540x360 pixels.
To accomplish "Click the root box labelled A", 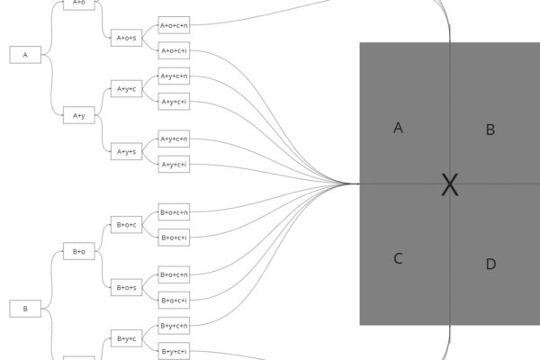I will pos(25,55).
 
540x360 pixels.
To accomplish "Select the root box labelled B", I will pos(25,309).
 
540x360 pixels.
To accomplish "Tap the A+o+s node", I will pos(126,38).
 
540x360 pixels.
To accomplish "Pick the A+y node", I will pos(78,115).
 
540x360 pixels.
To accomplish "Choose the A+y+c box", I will pos(126,88).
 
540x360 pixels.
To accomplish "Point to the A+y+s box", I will pos(126,151).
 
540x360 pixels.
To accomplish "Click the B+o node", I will pos(78,252).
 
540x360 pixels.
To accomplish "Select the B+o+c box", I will pos(126,224).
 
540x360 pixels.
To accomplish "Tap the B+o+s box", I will pos(126,287).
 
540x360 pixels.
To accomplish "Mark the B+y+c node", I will pos(126,338).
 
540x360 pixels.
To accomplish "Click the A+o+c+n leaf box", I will pos(174,25).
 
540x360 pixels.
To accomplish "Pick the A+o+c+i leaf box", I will pos(174,50).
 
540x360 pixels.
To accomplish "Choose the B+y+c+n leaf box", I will pos(174,325).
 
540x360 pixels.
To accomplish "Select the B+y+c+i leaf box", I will pos(174,350).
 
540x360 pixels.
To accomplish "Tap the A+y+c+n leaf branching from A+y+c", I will pos(174,76).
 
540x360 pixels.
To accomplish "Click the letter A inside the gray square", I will pos(398,128).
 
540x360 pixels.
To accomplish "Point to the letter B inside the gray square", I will pos(490,130).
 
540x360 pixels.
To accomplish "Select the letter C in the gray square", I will pos(398,259).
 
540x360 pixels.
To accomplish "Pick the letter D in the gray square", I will pos(490,264).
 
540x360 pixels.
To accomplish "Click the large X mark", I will pos(450,185).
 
